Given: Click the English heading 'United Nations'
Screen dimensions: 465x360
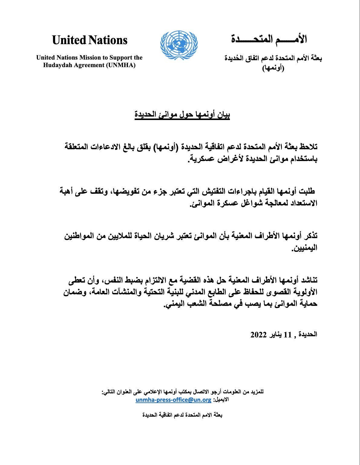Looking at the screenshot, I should [90, 40].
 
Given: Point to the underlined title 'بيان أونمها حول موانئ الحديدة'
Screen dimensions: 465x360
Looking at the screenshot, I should [182, 115].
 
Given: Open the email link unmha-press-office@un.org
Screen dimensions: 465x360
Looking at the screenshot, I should [173, 400].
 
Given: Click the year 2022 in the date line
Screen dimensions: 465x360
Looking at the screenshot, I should [258, 335].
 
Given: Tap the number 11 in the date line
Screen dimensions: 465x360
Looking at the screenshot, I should [287, 335].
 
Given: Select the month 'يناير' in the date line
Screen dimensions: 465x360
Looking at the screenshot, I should [274, 335].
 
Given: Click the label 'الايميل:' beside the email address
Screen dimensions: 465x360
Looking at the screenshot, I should [221, 400].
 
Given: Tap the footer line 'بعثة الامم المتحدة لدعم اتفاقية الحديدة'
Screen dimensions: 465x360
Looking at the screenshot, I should [182, 415].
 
